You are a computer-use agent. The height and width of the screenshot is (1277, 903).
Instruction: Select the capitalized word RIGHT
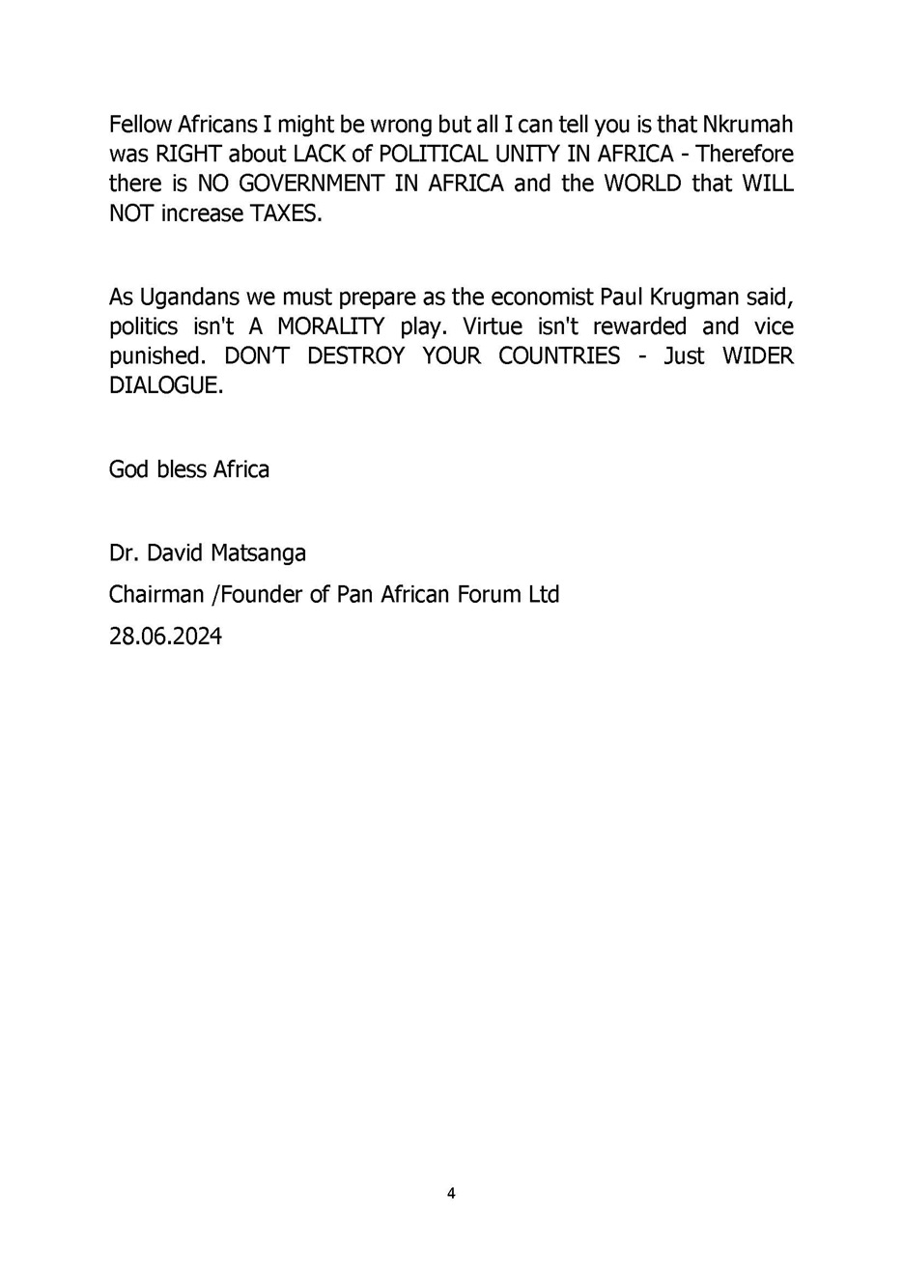pyautogui.click(x=187, y=154)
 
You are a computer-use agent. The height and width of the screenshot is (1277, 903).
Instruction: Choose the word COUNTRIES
pyautogui.click(x=559, y=355)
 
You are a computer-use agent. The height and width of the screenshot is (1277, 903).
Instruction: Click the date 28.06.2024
pyautogui.click(x=165, y=637)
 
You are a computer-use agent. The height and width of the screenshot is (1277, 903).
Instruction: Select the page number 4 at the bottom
pyautogui.click(x=451, y=1194)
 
